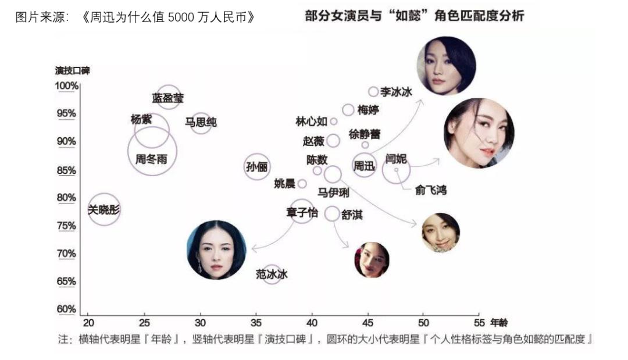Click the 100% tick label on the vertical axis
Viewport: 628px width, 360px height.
66,85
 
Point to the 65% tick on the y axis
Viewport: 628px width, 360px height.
66,281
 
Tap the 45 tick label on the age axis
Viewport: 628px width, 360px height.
367,323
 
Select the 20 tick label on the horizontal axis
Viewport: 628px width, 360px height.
88,323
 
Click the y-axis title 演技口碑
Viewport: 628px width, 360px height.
73,71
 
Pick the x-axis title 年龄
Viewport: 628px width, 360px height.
499,322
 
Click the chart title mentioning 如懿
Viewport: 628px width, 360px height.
415,16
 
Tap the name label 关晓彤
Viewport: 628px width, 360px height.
104,209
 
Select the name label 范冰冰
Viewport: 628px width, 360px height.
272,275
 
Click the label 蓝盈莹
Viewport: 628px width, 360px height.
168,98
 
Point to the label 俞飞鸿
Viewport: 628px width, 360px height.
430,190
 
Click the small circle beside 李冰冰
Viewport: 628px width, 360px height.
373,92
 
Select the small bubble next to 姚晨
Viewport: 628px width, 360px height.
302,184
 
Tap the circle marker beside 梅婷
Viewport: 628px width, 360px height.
348,110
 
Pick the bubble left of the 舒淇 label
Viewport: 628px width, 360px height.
332,214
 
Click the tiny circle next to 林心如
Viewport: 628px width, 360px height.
333,122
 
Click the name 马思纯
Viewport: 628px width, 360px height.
201,122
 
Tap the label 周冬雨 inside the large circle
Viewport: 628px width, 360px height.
151,159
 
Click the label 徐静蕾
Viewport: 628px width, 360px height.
365,134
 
